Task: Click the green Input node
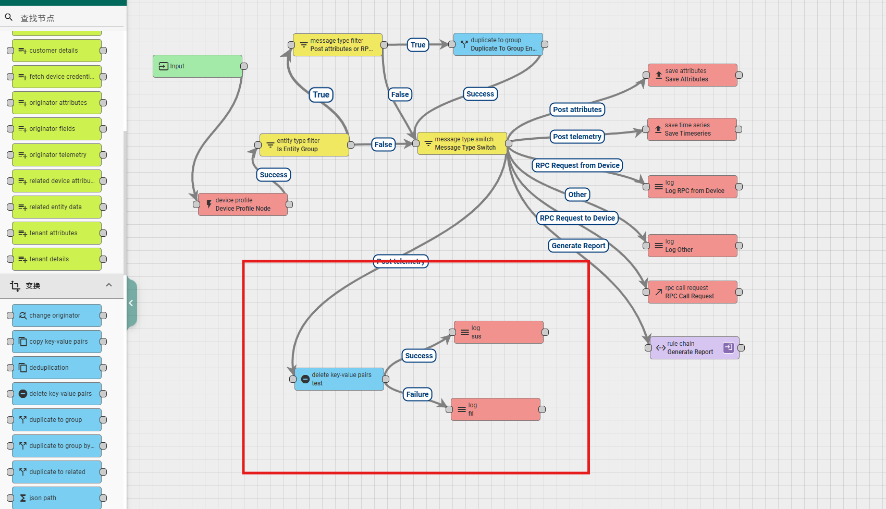(x=197, y=66)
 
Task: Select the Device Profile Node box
(x=243, y=204)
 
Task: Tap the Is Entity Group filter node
(x=304, y=145)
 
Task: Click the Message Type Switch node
(x=462, y=143)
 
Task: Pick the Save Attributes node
(x=692, y=75)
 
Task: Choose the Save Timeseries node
(x=692, y=129)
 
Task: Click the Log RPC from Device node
(x=692, y=187)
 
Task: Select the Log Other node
(x=692, y=246)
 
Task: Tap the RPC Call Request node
(x=692, y=292)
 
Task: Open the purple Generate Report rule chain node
(x=694, y=348)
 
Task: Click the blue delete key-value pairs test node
(x=339, y=379)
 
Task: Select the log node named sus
(x=498, y=332)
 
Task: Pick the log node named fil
(x=495, y=409)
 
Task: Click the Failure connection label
(x=417, y=394)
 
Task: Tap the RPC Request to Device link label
(x=577, y=218)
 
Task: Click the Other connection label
(x=577, y=195)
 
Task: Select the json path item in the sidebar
(x=56, y=498)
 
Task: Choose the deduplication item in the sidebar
(x=56, y=368)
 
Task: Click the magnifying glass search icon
(x=9, y=18)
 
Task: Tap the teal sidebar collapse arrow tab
(x=131, y=303)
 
